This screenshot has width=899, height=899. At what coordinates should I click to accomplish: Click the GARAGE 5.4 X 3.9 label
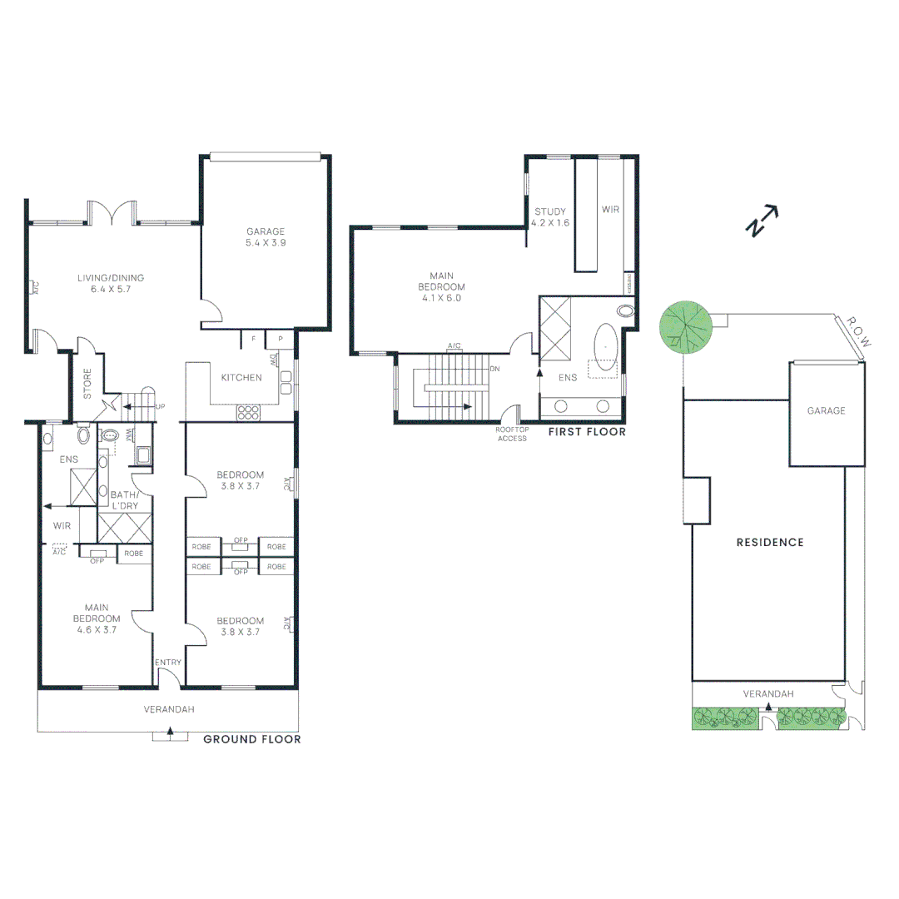pos(265,237)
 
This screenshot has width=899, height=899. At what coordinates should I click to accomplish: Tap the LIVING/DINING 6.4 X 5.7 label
pos(117,283)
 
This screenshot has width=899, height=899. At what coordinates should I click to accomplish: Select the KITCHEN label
pos(241,378)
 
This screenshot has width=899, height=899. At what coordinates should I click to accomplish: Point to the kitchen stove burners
pos(249,411)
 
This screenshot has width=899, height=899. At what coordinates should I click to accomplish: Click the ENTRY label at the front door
pos(168,663)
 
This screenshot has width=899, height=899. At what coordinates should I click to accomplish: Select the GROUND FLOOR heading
pos(252,739)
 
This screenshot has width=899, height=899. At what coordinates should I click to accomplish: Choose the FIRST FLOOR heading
pos(587,432)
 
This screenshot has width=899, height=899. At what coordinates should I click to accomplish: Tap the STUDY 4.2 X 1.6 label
pos(551,217)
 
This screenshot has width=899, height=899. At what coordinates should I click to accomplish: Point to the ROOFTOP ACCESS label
pos(512,434)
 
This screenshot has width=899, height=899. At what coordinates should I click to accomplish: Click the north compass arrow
pos(763,221)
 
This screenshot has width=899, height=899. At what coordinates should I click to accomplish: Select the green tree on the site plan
pos(686,325)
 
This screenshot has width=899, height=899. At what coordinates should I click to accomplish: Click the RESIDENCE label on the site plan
pos(770,542)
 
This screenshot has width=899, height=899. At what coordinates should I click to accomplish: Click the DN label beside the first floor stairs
pos(494,369)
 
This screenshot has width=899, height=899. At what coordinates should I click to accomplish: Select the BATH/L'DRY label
pos(125,500)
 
